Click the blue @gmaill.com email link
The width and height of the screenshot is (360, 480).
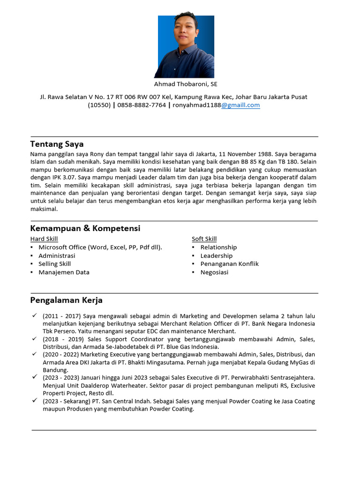(x=240, y=105)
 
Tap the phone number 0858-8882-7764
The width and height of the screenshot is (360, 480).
(x=142, y=105)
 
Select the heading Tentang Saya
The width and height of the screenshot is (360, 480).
(x=57, y=144)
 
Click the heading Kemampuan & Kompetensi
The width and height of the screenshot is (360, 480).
(x=85, y=228)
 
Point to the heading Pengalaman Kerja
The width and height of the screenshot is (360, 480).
(x=66, y=300)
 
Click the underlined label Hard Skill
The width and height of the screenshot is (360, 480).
(x=44, y=239)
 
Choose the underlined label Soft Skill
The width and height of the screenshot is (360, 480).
(x=204, y=239)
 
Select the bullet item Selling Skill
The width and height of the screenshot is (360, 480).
(x=54, y=264)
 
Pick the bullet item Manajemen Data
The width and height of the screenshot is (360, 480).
(x=64, y=272)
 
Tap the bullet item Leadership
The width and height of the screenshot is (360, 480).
(x=216, y=256)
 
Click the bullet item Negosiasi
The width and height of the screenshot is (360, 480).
(x=214, y=272)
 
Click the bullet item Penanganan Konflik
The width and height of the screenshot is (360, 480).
(x=229, y=264)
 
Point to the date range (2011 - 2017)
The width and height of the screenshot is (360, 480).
(x=62, y=316)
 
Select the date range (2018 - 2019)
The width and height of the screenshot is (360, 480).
(x=62, y=339)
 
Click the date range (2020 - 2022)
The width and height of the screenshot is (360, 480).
(x=62, y=354)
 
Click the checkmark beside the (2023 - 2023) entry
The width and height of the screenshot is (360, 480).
(x=35, y=377)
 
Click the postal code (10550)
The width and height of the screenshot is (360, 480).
(x=99, y=105)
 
